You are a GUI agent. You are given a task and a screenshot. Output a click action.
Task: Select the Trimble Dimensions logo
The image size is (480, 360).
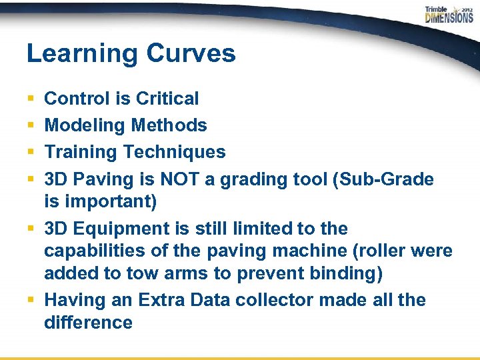coord(449,15)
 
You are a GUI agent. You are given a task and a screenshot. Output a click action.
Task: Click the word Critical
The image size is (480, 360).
coord(167,99)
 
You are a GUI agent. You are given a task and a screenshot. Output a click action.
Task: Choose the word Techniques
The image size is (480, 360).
coord(175,152)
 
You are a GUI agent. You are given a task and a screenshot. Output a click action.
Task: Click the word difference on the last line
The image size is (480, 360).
coord(88,323)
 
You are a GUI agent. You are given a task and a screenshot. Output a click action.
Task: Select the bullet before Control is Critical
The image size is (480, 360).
coord(31,99)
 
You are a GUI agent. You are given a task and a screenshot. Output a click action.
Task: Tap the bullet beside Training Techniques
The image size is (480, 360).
coord(31,153)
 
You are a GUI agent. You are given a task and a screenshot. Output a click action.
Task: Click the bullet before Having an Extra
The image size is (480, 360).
coord(31,301)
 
